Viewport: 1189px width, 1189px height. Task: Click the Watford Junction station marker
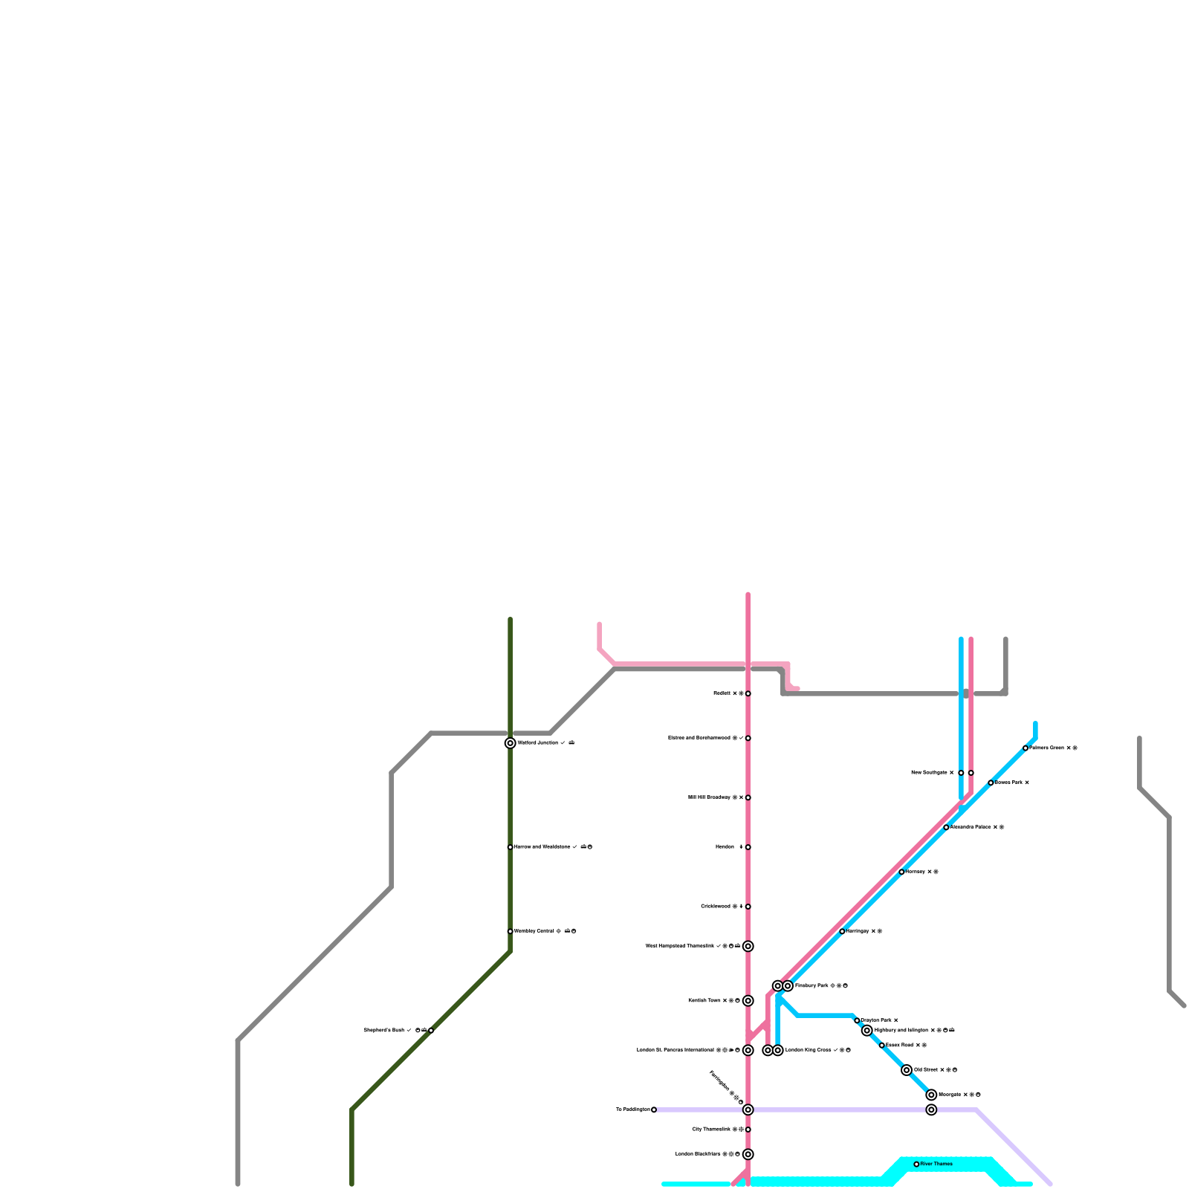click(510, 743)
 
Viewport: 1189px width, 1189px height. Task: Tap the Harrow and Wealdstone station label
click(542, 847)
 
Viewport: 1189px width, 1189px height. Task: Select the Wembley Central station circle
click(510, 931)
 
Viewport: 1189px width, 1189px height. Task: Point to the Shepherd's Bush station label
click(383, 1031)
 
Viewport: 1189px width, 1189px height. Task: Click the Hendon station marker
click(748, 847)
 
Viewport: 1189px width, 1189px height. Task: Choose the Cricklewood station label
click(716, 907)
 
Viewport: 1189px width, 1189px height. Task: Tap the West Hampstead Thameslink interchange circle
click(748, 946)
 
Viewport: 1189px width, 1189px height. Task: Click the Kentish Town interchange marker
click(748, 1001)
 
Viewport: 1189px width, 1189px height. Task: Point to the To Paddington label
click(632, 1109)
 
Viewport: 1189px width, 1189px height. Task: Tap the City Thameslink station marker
click(748, 1130)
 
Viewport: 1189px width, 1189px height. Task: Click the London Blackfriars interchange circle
click(748, 1154)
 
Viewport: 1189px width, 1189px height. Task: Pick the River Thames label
click(936, 1164)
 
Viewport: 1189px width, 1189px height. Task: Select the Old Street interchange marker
click(907, 1070)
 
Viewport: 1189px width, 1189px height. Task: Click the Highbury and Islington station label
click(901, 1031)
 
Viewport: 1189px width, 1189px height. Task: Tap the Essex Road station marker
click(881, 1046)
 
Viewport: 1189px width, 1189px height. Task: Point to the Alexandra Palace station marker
click(946, 827)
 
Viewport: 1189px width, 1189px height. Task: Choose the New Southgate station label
click(929, 773)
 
